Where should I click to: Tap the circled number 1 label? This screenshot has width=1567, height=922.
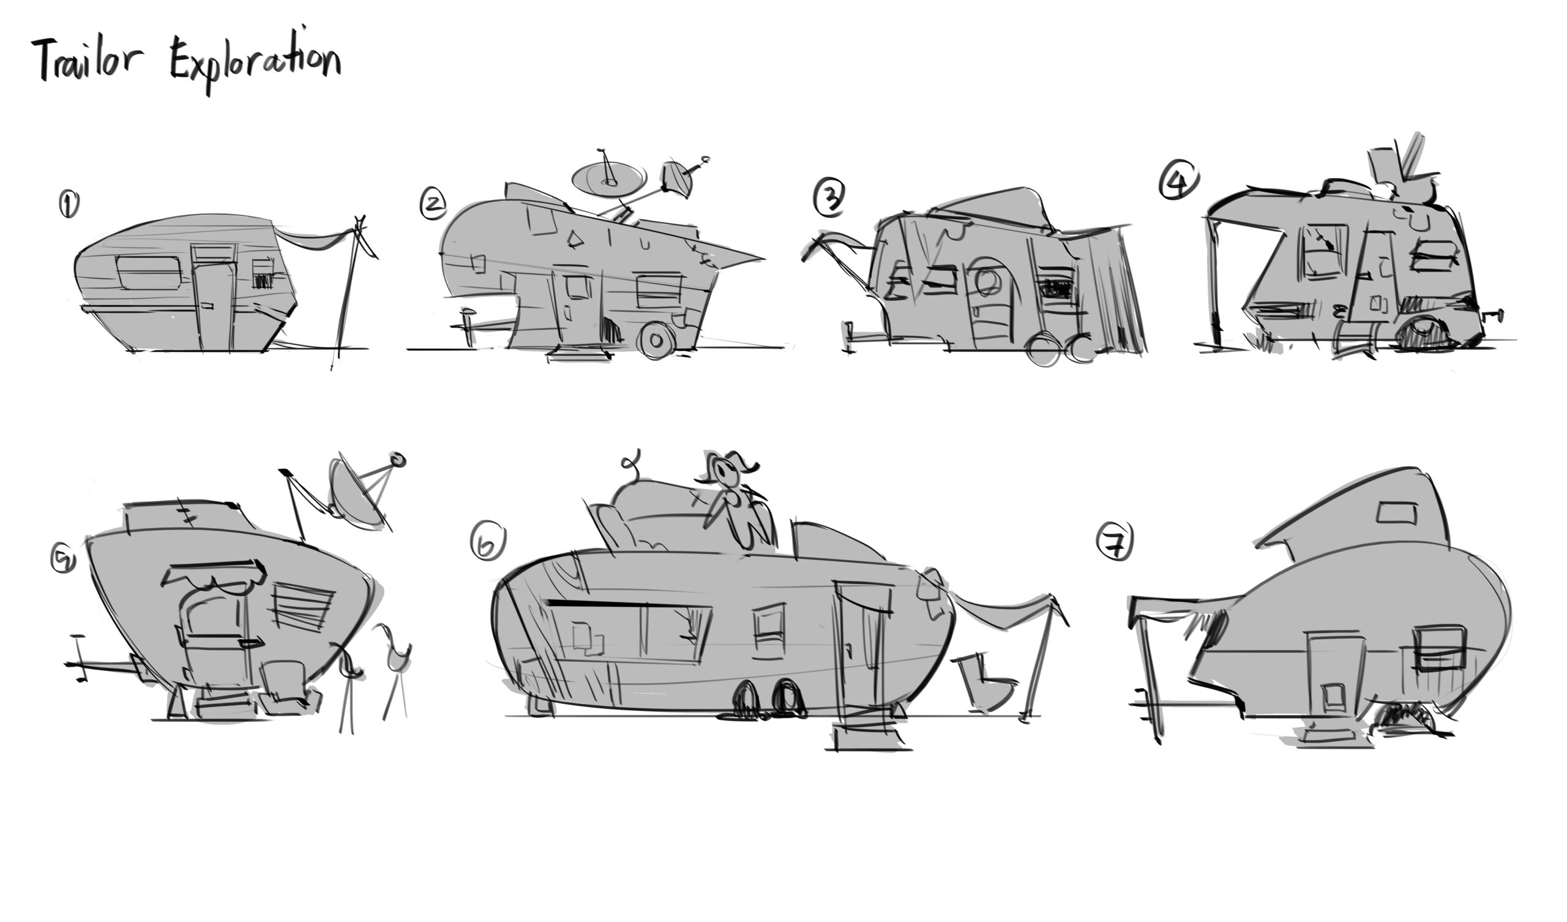[x=69, y=204]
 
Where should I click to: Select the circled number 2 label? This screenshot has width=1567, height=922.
[x=433, y=202]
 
